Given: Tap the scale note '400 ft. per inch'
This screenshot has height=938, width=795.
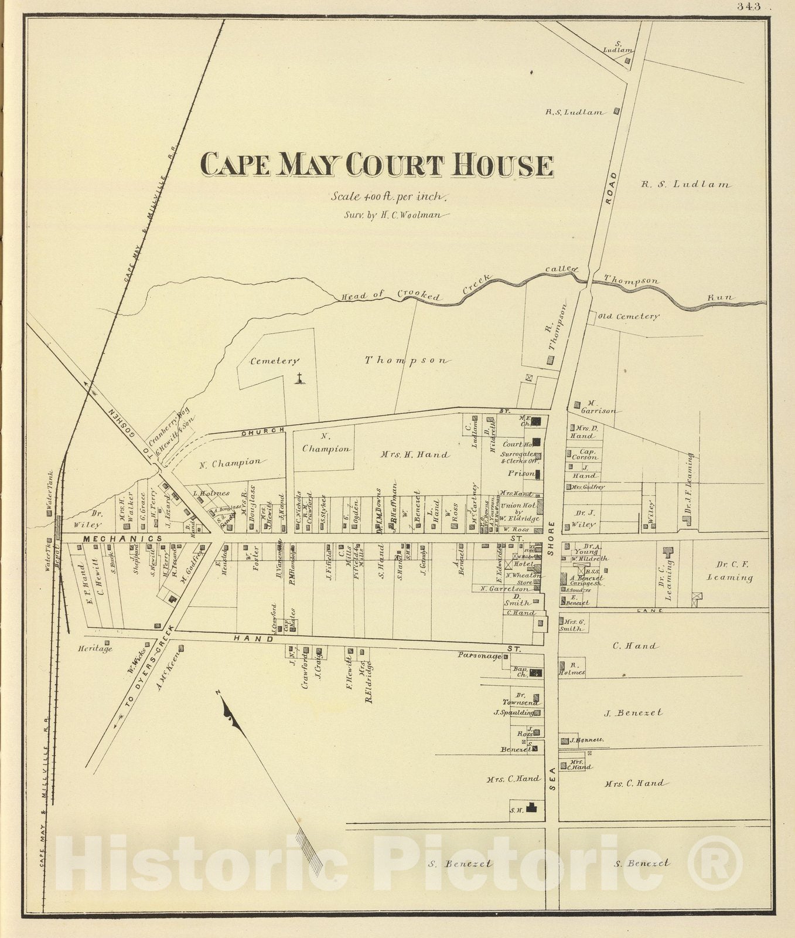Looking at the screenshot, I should pos(389,197).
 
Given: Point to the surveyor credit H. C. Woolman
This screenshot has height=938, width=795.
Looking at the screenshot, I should pos(396,215).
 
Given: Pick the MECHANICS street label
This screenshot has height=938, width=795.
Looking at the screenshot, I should pos(122,538).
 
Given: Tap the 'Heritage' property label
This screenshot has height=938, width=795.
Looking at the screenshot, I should pos(94,649).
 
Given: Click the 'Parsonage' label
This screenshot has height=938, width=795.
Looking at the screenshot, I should pos(479,656).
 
